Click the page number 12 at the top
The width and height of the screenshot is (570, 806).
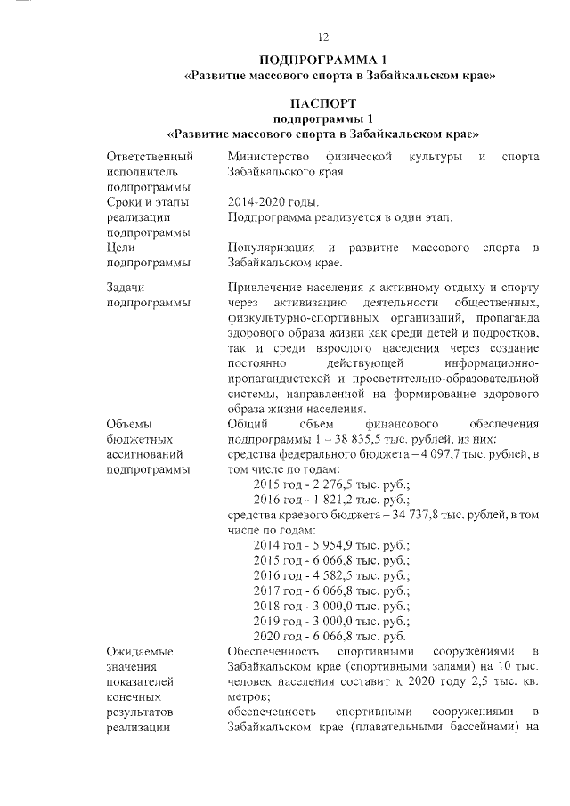pyautogui.click(x=323, y=37)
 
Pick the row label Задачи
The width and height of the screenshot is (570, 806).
pyautogui.click(x=126, y=288)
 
